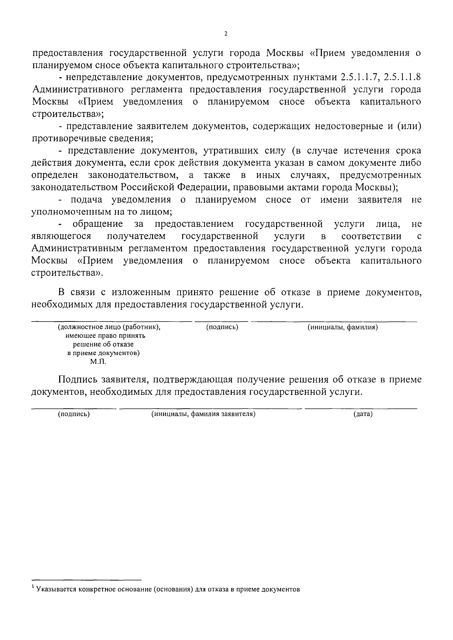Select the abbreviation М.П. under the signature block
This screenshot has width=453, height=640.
pyautogui.click(x=98, y=362)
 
